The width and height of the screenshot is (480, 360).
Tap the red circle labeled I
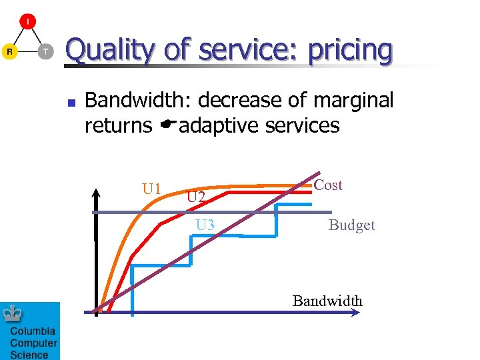[27, 21]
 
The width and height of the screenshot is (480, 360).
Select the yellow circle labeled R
[9, 51]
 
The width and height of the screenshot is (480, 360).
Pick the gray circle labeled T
[45, 51]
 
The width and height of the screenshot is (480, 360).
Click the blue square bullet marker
[70, 103]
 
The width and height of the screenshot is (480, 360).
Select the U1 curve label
[152, 189]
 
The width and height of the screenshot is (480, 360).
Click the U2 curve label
[196, 197]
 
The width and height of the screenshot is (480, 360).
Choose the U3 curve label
[205, 225]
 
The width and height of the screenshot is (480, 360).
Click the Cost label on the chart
[328, 185]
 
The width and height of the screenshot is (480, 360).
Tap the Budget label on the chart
[351, 225]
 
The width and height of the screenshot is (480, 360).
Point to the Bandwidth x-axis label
[327, 301]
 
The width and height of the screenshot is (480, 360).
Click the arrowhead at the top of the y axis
[96, 194]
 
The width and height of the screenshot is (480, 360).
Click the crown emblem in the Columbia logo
[13, 314]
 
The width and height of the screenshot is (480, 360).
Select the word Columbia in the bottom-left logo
[33, 331]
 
